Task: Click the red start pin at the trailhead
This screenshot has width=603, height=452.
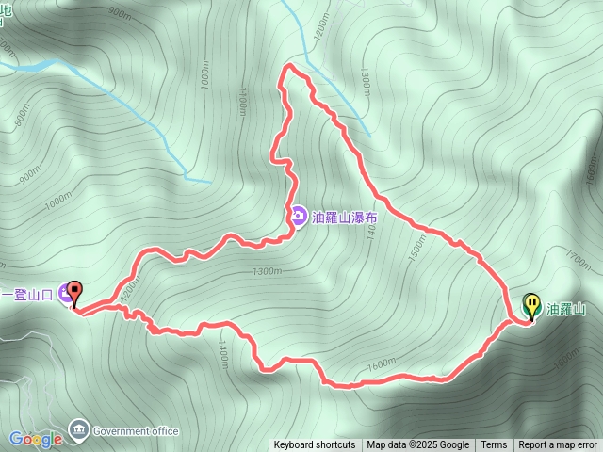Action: (75, 295)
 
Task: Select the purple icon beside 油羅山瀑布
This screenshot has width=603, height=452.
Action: (298, 218)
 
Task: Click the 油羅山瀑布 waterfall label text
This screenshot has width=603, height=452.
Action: (346, 218)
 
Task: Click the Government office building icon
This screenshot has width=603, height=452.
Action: (78, 430)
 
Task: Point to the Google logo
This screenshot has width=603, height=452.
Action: (35, 439)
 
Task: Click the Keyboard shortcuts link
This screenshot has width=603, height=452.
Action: (315, 445)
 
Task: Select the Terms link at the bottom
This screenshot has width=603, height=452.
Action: (494, 445)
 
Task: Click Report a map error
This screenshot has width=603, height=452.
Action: (558, 445)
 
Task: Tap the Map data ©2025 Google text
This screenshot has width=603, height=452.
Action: (417, 445)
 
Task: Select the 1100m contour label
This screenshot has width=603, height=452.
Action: (243, 99)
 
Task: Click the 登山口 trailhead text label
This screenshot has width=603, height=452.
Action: (28, 294)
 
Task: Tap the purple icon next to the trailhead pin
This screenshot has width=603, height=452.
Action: (64, 294)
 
